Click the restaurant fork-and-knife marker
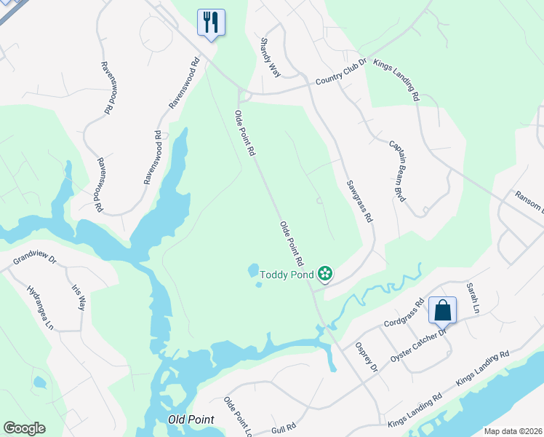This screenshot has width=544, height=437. [x=211, y=21]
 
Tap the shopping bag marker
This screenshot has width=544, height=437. [x=442, y=310]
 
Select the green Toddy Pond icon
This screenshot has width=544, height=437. [x=325, y=274]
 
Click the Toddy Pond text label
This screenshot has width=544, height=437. [x=288, y=274]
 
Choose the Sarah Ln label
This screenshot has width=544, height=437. [x=473, y=299]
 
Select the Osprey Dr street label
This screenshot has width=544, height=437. [x=365, y=357]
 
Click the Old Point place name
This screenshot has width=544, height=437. [x=191, y=420]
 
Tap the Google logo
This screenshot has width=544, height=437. [x=24, y=428]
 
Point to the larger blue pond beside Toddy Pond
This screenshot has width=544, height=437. [x=253, y=270]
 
